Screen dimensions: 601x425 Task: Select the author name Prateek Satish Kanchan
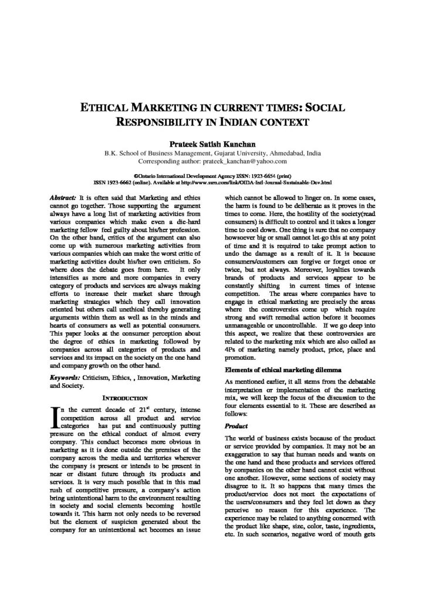(x=212, y=143)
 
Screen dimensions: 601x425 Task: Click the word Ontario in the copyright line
(x=151, y=175)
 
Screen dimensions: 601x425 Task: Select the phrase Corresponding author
(x=169, y=160)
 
